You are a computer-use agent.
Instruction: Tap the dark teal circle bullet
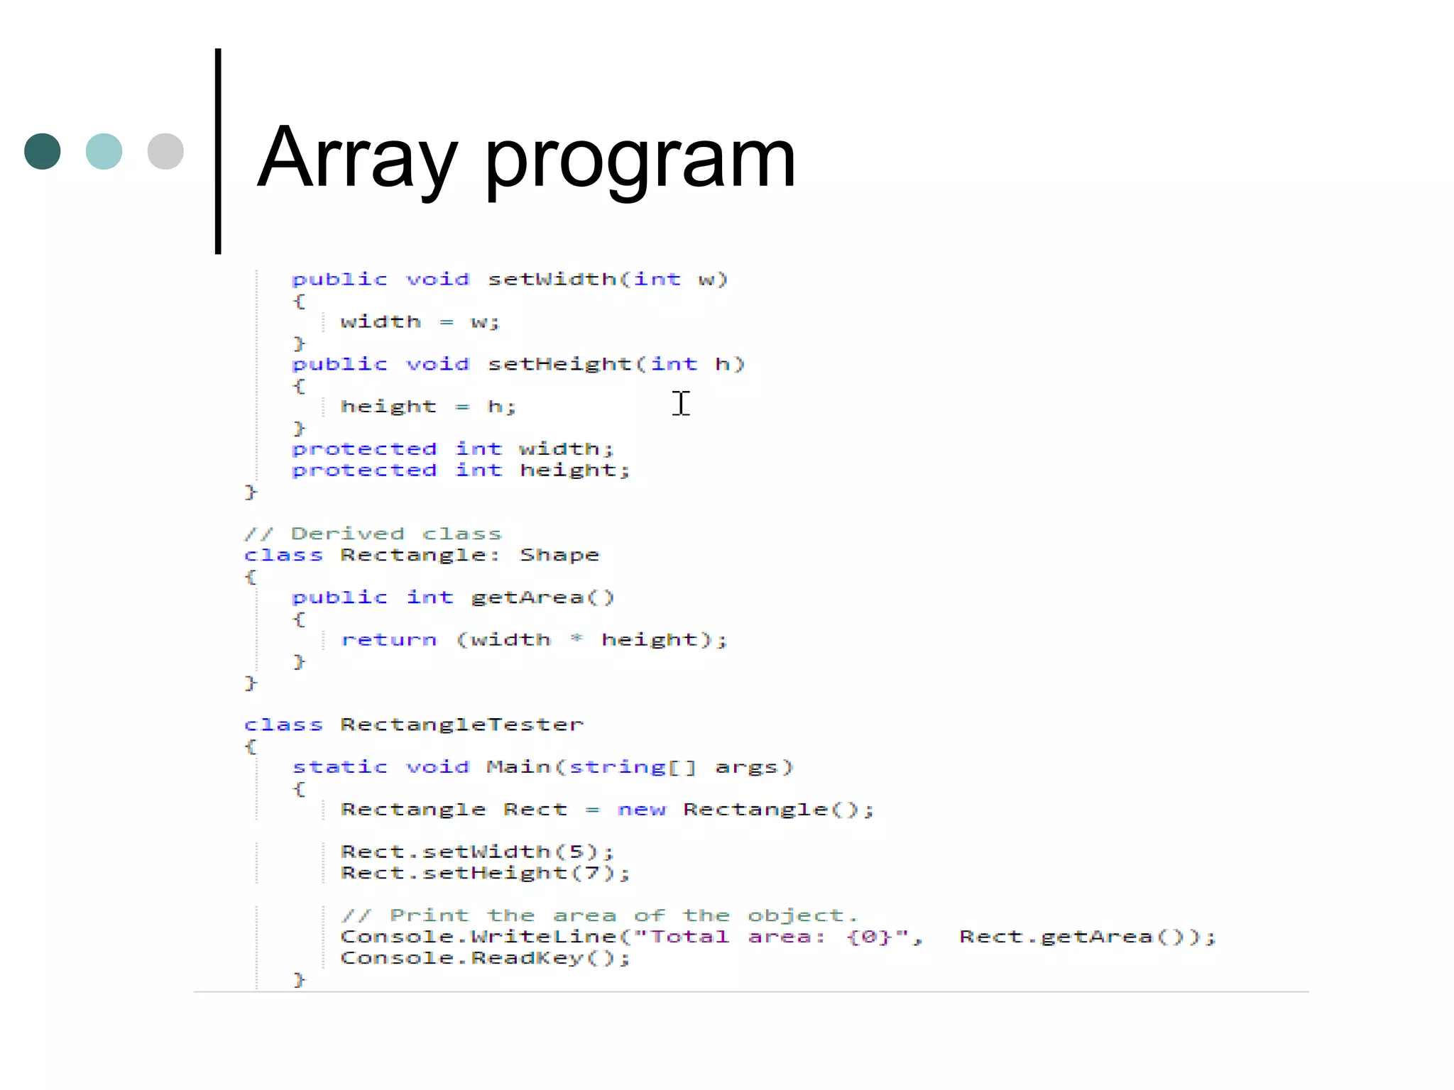43,151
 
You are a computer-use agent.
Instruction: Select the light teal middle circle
104,151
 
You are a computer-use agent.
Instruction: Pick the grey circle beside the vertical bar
165,151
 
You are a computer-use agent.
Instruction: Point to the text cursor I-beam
681,403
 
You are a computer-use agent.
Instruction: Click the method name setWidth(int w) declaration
552,279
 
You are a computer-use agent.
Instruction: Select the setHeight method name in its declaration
559,364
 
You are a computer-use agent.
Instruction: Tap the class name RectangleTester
461,725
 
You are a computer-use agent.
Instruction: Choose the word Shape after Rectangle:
559,555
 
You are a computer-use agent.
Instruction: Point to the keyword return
388,640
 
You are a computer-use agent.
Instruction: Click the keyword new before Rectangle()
642,810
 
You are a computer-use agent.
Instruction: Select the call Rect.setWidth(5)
476,852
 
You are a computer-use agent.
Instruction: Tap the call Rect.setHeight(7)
484,873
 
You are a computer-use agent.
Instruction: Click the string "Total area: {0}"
777,937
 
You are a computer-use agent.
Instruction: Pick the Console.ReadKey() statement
484,958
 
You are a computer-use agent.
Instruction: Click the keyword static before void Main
340,767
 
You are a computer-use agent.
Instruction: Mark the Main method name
518,767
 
